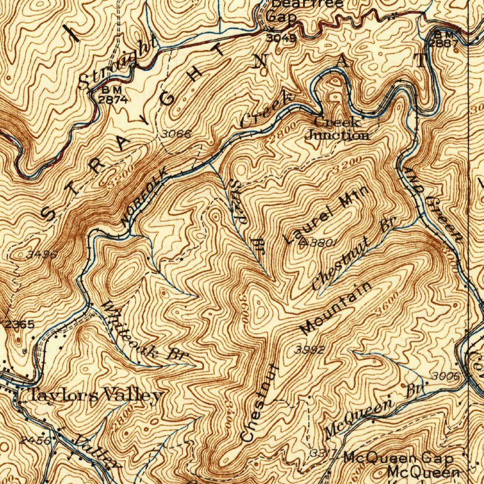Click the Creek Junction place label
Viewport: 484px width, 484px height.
337,129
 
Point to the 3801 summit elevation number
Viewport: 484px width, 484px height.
323,243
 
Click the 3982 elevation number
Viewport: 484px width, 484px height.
310,350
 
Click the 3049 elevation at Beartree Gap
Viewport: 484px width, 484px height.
281,39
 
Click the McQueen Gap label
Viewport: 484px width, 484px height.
398,458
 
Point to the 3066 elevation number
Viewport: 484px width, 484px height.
176,134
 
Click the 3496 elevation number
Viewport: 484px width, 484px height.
42,254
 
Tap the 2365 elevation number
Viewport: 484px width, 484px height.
20,324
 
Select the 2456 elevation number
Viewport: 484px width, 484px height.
36,440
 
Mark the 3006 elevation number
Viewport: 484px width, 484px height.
445,376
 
